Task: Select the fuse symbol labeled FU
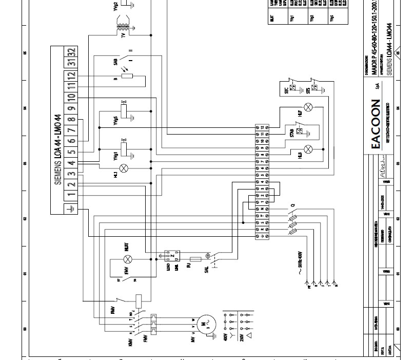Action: click(195, 259)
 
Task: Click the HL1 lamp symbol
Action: click(124, 168)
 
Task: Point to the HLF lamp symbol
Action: click(308, 107)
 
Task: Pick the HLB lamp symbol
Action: click(308, 149)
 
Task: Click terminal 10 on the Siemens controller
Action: click(71, 96)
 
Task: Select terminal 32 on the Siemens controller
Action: click(71, 52)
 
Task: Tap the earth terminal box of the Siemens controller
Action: click(71, 209)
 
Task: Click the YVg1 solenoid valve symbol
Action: click(124, 153)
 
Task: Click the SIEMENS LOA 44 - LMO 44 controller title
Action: click(57, 149)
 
